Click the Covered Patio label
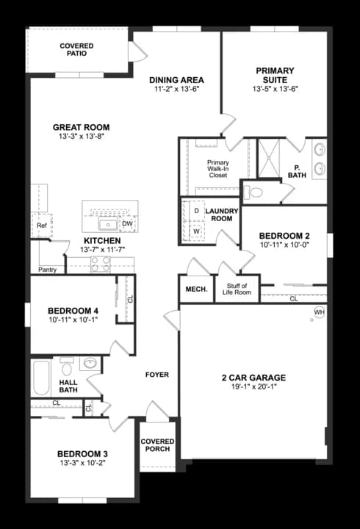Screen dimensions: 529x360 coord(76,50)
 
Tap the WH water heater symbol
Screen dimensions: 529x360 coord(319,313)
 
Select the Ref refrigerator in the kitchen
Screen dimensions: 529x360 coord(42,226)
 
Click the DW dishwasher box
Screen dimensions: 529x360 coord(127,223)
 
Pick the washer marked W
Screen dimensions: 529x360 coord(196,231)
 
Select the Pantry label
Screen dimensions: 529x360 coord(47,269)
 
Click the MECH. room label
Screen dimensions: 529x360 coord(195,289)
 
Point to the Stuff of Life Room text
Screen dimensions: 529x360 coord(237,289)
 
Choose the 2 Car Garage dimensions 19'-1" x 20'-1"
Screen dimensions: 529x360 coord(253,389)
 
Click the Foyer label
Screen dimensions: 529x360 coord(156,375)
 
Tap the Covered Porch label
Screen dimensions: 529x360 coord(157,446)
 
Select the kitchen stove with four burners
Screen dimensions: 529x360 coord(101,264)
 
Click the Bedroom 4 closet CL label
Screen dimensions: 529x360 coord(130,300)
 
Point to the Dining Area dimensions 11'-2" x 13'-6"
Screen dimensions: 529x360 coord(176,89)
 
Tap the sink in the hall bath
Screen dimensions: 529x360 coord(90,363)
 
